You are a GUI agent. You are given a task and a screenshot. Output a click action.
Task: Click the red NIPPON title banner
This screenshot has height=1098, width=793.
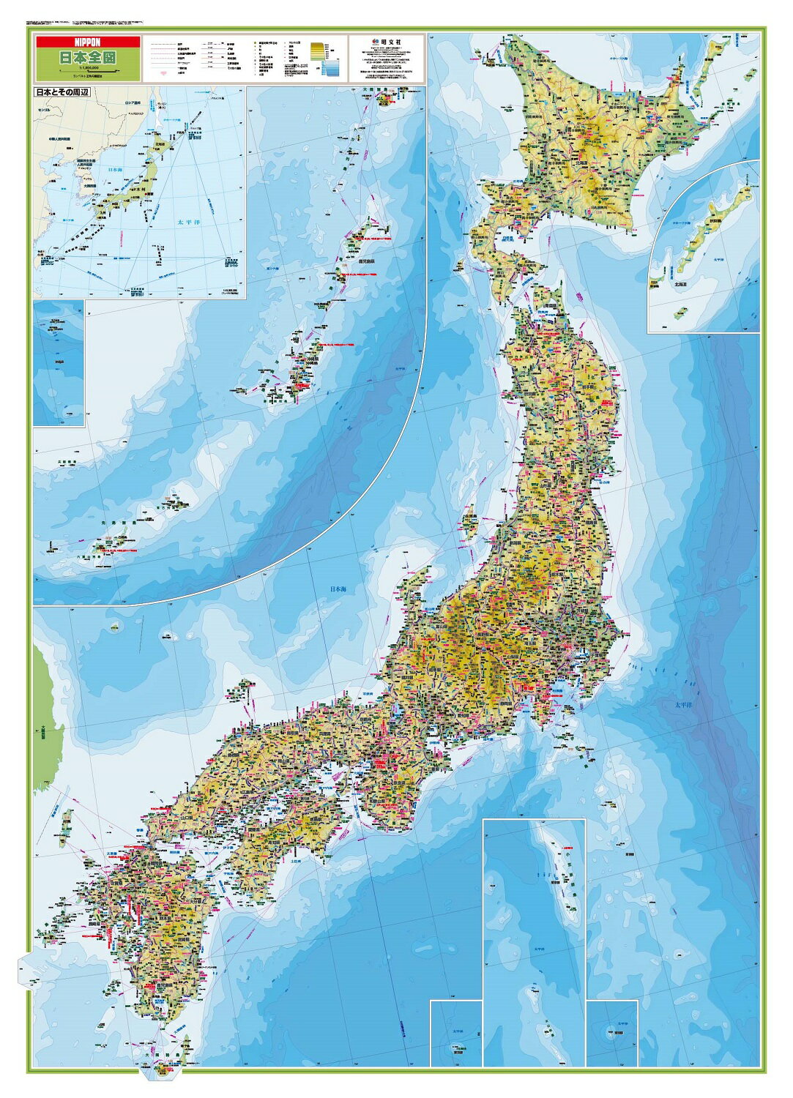tap(87, 42)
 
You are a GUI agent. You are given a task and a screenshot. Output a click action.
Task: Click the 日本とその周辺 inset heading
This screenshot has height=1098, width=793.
tap(66, 94)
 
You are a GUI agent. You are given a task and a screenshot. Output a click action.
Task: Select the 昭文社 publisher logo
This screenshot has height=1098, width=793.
tap(384, 42)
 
